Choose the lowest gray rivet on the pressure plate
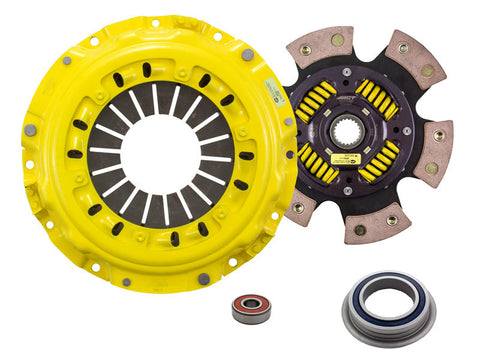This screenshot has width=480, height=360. tap(203, 279)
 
